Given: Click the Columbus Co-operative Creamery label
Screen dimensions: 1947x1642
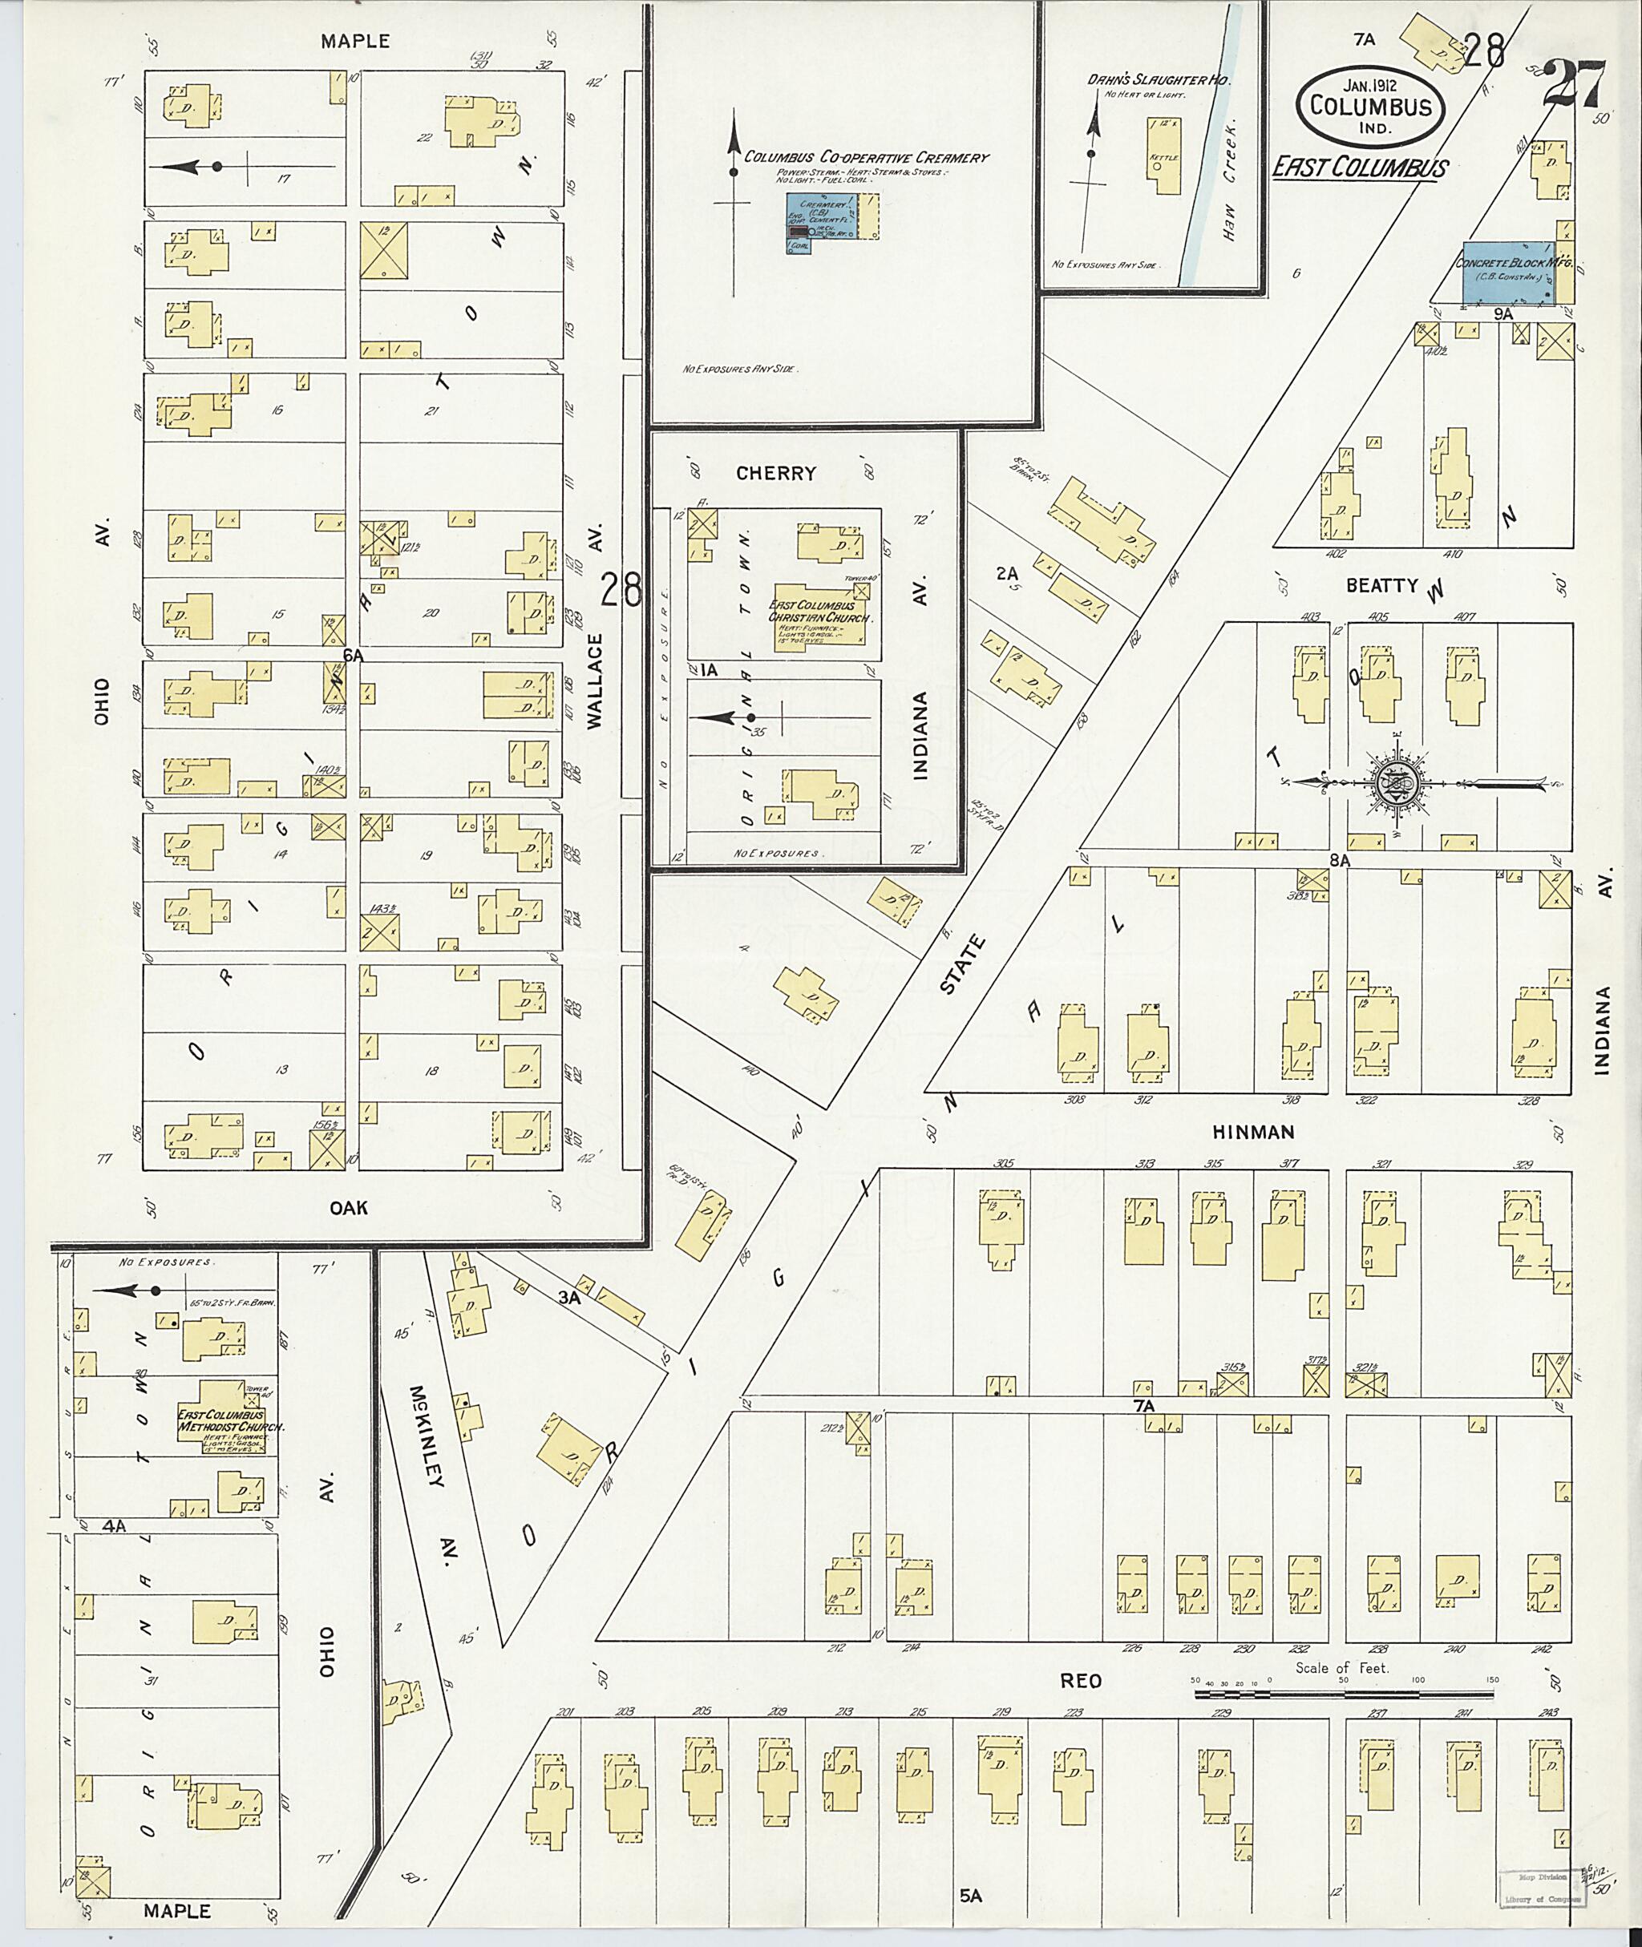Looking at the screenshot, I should coord(866,157).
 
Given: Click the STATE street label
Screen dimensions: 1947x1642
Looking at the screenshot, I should coord(962,965).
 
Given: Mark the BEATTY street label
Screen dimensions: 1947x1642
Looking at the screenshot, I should coord(1381,585).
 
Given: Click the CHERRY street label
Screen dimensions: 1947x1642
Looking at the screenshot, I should coord(775,473).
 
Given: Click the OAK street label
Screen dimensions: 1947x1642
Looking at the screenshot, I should coord(348,1207).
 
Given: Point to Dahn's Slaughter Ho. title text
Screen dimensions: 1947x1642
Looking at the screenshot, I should coord(1159,81).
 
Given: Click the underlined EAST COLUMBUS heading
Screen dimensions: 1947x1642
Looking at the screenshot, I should coord(1360,168).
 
